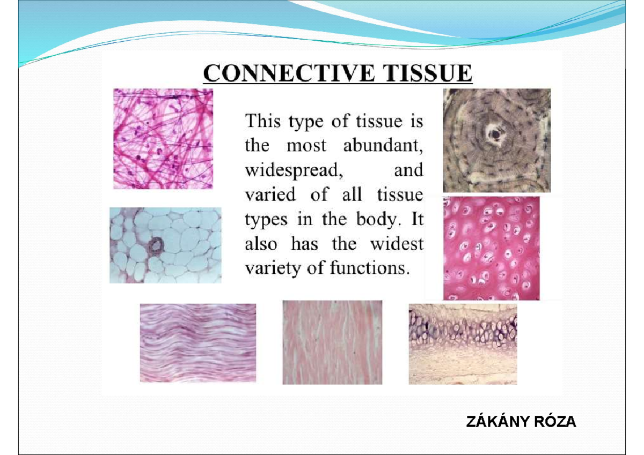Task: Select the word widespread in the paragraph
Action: point(294,170)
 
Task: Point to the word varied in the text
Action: point(270,195)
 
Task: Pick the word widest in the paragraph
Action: point(397,244)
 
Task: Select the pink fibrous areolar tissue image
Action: point(163,138)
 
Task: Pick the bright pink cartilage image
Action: point(491,248)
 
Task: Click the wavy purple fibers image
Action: point(197,343)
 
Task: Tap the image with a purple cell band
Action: point(463,344)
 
